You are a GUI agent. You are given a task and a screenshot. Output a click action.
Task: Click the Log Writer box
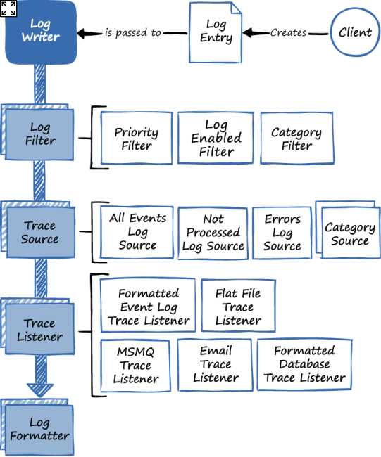(40, 32)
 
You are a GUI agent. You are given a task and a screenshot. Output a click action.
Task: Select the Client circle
(355, 32)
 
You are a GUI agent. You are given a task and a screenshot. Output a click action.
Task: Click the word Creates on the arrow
(288, 32)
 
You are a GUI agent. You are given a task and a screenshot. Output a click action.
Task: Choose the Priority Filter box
(136, 139)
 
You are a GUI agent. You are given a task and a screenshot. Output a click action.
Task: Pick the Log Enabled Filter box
(216, 139)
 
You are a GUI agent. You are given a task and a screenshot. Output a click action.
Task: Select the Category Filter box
(296, 139)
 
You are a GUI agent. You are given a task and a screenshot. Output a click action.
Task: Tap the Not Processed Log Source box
(213, 233)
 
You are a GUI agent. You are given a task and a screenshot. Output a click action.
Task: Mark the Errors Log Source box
(282, 233)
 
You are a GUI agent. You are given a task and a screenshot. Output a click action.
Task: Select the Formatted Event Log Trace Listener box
(148, 307)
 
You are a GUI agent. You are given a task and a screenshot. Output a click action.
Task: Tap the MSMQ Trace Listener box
(135, 364)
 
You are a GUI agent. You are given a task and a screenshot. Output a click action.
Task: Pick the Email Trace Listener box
(215, 364)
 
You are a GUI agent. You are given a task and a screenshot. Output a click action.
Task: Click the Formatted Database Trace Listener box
(304, 364)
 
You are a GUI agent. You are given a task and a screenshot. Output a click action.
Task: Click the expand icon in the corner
(8, 8)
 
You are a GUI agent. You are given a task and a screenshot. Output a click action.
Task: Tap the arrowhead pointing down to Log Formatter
(40, 388)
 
